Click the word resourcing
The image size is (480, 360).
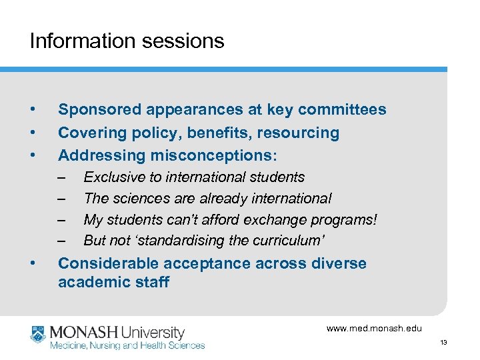299,133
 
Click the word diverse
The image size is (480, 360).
339,263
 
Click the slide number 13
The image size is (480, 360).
443,343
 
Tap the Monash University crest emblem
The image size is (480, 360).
38,335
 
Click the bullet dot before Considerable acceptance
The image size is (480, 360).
33,263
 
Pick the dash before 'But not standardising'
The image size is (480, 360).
62,241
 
